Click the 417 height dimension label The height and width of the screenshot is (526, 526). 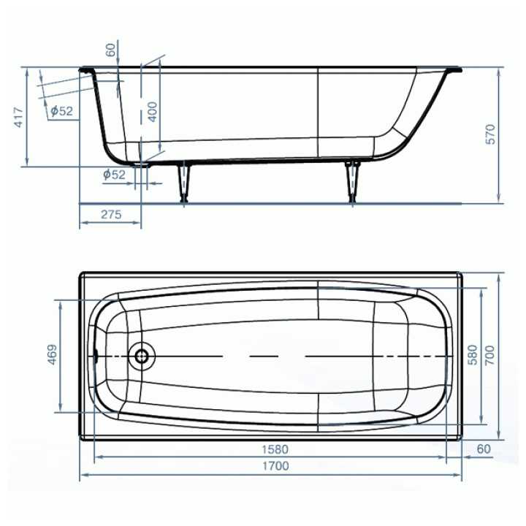pos(19,118)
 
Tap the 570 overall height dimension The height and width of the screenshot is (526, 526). pos(490,134)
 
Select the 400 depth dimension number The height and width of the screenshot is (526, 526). pos(152,112)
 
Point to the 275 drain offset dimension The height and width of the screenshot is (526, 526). pos(111,214)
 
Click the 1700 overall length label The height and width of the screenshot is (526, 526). pos(275,466)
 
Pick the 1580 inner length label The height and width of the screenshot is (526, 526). pos(275,449)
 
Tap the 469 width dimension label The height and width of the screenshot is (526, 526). pos(53,354)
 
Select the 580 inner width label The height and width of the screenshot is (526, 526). pos(473,355)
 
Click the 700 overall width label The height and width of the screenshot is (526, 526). pos(489,355)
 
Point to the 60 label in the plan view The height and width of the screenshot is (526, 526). pos(484,449)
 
